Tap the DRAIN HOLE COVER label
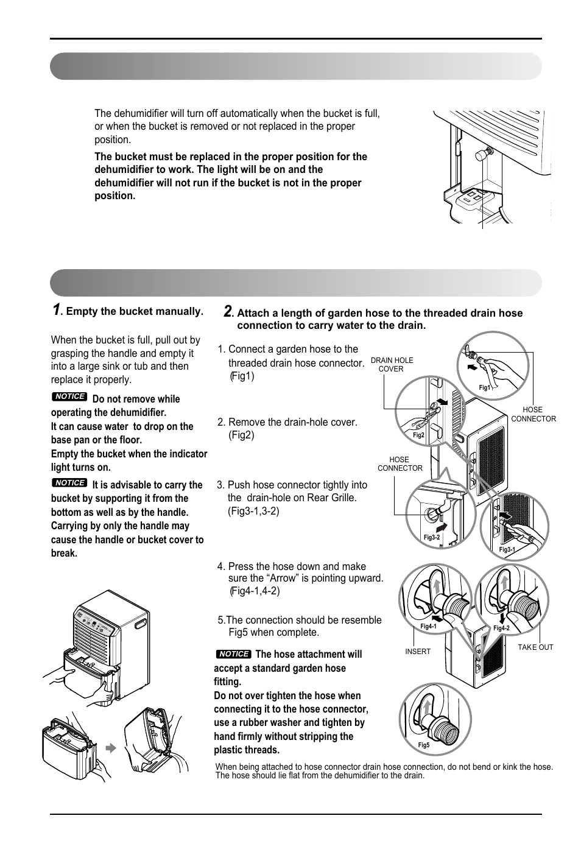(392, 364)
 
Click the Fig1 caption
(484, 387)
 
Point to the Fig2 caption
(418, 435)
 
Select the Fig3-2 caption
(431, 537)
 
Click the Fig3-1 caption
(507, 549)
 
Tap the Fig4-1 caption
(428, 626)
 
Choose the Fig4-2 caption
(501, 628)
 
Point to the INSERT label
(418, 652)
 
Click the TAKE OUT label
(535, 647)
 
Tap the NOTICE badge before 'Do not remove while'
(69, 396)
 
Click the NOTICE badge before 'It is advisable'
(69, 482)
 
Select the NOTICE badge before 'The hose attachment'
(233, 654)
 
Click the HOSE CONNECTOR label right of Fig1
(533, 414)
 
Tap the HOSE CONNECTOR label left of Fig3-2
(400, 464)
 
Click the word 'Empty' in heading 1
(79, 311)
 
